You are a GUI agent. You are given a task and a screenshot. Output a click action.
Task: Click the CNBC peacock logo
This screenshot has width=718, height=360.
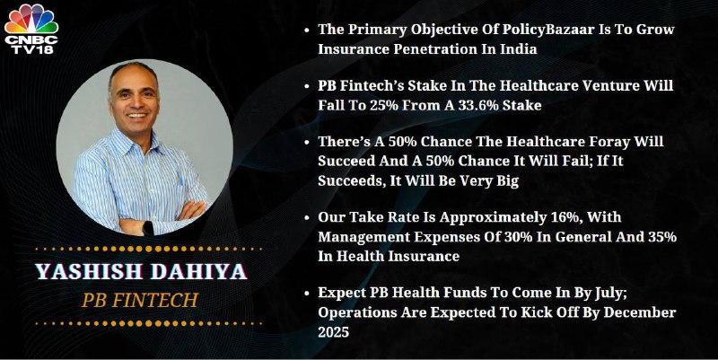click(x=31, y=19)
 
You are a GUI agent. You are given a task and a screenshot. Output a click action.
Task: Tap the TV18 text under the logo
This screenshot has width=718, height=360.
click(x=31, y=49)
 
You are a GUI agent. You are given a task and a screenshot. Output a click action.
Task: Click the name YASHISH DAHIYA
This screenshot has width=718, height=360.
click(x=142, y=272)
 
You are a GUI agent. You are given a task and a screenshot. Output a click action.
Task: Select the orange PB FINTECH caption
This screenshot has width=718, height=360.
click(x=140, y=301)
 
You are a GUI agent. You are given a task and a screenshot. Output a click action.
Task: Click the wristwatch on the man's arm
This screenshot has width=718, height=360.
click(x=148, y=228)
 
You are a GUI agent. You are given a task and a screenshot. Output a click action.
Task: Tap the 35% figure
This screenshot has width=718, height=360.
click(x=662, y=237)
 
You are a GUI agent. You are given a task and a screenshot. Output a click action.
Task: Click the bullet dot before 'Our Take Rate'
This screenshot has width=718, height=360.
click(x=307, y=217)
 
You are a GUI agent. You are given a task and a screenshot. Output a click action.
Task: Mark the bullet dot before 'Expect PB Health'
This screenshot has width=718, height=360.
click(x=307, y=294)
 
